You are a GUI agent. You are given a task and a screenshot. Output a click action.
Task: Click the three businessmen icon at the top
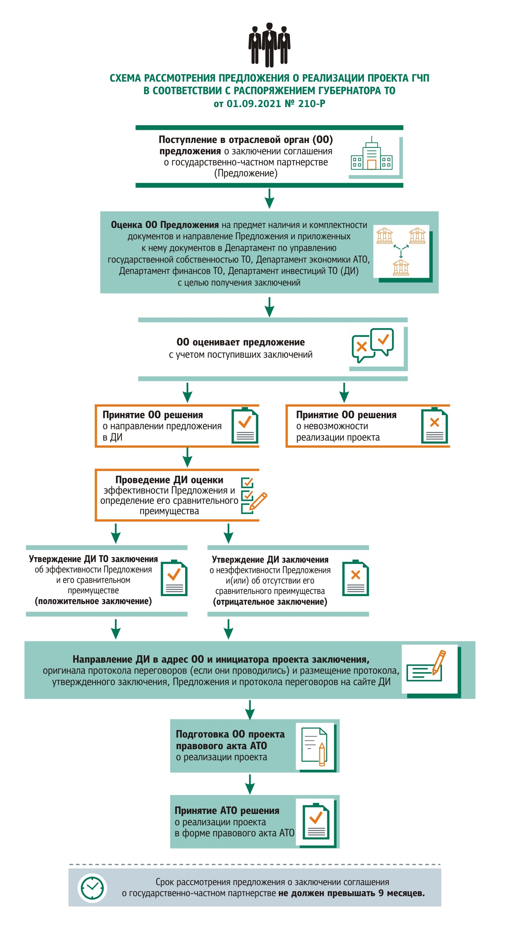click(269, 45)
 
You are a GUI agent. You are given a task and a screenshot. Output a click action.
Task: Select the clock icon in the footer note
click(92, 888)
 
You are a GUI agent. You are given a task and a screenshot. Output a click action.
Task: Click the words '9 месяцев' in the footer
click(401, 893)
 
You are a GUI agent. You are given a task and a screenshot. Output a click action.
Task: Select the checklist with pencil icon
click(254, 495)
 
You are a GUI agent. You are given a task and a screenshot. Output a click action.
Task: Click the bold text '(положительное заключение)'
click(93, 601)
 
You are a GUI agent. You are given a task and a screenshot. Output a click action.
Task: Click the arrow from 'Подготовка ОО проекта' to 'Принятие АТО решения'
click(250, 784)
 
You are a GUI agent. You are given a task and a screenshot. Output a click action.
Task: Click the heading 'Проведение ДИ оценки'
click(169, 480)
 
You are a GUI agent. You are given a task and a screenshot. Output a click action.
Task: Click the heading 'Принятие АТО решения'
click(227, 811)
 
